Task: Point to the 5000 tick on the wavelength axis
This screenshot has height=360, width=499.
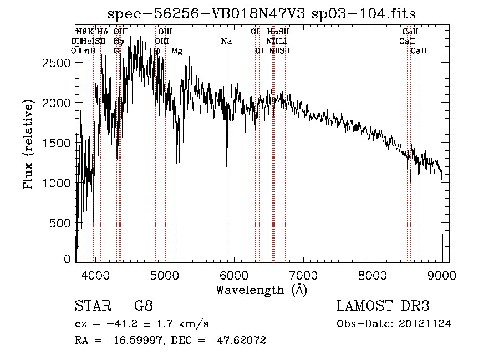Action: point(164,275)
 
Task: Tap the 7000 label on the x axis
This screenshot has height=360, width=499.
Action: point(303,275)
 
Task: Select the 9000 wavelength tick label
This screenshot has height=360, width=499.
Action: point(441,275)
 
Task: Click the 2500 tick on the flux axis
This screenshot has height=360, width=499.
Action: point(56,63)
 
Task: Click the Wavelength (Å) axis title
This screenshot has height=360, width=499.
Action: point(261,290)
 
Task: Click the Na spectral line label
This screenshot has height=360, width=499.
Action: point(226,42)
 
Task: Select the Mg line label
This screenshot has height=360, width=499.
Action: point(176,51)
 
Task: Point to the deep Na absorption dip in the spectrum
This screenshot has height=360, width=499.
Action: point(227,164)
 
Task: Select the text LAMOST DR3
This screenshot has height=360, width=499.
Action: point(383,306)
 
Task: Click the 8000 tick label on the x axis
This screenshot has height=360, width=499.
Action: point(372,275)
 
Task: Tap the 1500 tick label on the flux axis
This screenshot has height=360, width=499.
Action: point(56,143)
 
